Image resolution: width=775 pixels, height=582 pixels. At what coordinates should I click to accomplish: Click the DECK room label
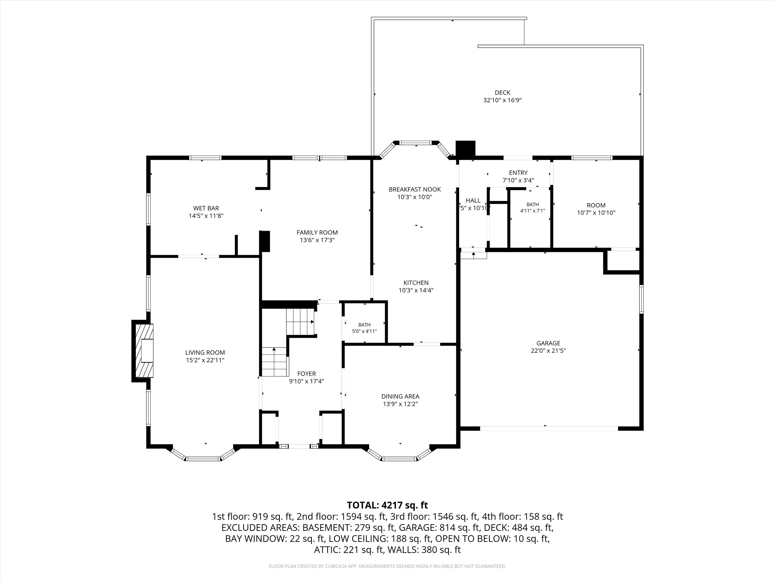click(x=502, y=93)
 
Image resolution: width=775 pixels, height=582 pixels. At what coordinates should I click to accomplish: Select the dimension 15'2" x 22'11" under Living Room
click(x=205, y=360)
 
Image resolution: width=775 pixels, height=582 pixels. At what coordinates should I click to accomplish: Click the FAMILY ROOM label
click(x=317, y=232)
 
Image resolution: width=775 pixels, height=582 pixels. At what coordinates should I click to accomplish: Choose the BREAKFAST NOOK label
click(x=415, y=189)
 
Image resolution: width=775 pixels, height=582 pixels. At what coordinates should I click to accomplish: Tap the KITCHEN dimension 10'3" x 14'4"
click(x=416, y=290)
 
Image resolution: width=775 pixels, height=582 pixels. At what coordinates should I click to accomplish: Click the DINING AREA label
click(x=400, y=397)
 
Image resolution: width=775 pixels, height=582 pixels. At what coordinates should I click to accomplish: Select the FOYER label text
click(x=307, y=374)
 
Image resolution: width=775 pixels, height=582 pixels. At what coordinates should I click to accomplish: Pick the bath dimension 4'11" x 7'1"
click(x=532, y=211)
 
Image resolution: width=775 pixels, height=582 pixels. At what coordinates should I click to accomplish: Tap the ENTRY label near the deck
click(x=518, y=173)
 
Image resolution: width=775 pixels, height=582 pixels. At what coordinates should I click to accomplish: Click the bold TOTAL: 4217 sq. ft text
click(x=388, y=505)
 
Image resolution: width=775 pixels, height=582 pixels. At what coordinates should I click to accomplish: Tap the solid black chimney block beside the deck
click(x=465, y=149)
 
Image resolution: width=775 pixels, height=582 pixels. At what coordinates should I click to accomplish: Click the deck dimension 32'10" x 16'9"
click(x=503, y=100)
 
